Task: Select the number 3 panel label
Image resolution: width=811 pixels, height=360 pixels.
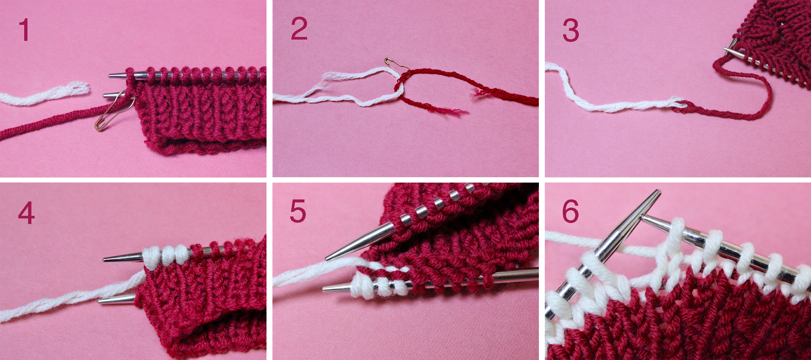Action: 571,30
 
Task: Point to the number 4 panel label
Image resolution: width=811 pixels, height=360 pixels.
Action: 26,213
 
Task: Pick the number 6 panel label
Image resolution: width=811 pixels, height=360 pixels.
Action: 570,212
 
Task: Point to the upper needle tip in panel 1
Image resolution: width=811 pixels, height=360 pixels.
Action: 109,76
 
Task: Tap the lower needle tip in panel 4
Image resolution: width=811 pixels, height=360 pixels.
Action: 99,300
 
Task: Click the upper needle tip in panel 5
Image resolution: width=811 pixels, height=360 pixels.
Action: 326,259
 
